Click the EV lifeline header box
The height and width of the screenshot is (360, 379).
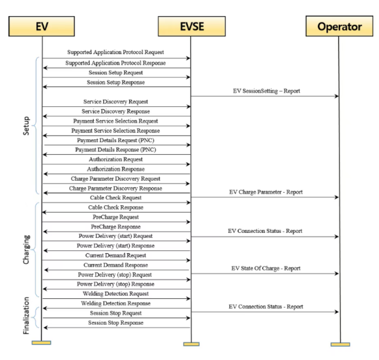pos(41,26)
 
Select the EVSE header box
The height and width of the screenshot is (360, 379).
pos(192,26)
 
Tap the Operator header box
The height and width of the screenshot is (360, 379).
pos(339,26)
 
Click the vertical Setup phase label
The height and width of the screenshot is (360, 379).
pos(26,126)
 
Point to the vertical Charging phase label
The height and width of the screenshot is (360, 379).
pos(26,249)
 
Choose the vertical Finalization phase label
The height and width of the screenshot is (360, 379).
pos(26,316)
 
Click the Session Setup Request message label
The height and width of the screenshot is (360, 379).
pos(115,72)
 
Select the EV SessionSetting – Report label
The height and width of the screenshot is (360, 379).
pos(266,91)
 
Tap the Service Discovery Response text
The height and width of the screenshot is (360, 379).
pos(115,111)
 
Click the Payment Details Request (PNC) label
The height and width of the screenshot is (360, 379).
pos(115,140)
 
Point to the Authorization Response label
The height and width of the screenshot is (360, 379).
pos(116,169)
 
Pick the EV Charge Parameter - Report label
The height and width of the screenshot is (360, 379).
pos(266,192)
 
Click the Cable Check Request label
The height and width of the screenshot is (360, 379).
pos(115,198)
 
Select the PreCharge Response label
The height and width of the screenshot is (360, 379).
pos(116,227)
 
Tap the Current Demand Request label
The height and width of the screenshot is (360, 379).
pos(115,255)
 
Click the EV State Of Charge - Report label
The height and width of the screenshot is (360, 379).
pos(266,269)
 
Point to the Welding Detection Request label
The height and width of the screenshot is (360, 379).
pos(115,294)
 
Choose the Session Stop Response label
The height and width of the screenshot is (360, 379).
pos(116,323)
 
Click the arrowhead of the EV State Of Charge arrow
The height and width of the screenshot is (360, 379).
pos(337,273)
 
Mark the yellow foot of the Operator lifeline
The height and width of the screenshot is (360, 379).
pos(341,344)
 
